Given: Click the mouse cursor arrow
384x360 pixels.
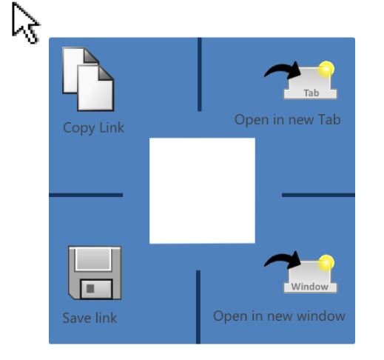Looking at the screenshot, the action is pos(24,22).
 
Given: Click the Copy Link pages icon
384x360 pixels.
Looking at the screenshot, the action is pos(88,79).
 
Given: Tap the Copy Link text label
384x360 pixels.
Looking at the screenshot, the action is pos(93,128).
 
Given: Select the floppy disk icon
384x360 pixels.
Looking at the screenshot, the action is pos(95,273).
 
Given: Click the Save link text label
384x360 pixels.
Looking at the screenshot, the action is pos(90,318).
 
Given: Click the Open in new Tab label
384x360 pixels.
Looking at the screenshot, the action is pos(288,120).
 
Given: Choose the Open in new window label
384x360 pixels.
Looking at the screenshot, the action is pos(279,316).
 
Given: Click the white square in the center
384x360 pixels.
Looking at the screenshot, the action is pos(202,190).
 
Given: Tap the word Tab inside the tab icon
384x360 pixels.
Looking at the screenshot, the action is pos(311,93).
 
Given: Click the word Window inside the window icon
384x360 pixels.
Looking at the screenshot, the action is pos(310,287).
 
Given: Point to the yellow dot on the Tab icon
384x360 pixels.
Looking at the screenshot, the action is pos(326,69).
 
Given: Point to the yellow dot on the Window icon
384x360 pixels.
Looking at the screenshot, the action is pos(326,263).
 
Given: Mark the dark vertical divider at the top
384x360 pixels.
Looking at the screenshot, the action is pos(200,75).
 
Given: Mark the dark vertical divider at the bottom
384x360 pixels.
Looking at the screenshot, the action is pos(198,307).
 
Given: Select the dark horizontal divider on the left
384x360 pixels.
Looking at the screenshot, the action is pos(86,195).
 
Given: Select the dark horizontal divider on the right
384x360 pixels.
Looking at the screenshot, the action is pos(318,195).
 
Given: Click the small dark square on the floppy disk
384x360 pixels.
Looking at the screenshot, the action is pos(90,289).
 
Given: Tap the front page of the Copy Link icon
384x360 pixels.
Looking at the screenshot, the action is pos(95,88).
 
